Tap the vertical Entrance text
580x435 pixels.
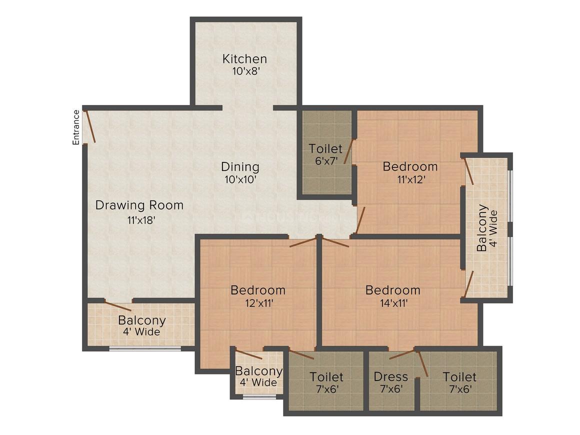(x=76, y=127)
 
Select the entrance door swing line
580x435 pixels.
(x=90, y=126)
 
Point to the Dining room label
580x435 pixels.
(x=240, y=166)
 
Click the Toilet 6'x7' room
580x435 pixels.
(x=325, y=154)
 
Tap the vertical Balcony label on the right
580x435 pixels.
(x=486, y=227)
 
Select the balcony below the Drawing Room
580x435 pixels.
(x=141, y=325)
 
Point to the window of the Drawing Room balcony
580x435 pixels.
(x=145, y=348)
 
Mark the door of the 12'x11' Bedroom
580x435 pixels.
(x=302, y=242)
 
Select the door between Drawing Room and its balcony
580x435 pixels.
(x=118, y=306)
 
